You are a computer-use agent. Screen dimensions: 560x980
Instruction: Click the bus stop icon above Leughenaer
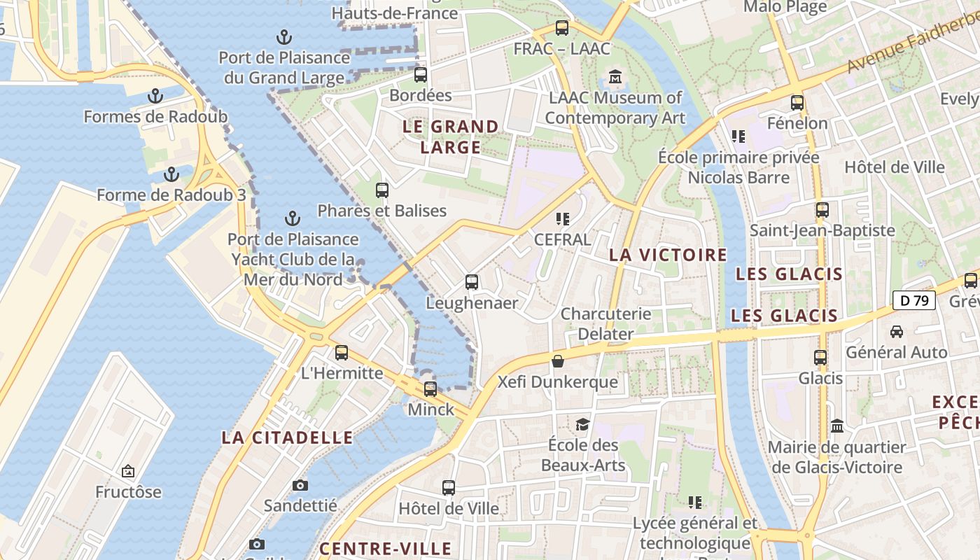coord(472,282)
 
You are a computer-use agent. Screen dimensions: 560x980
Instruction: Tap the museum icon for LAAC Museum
coord(615,77)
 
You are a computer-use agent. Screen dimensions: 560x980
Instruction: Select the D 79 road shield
coord(914,301)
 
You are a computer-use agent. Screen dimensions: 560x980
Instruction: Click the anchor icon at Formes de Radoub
coord(155,96)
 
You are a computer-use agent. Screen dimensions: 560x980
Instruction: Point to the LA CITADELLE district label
coord(287,437)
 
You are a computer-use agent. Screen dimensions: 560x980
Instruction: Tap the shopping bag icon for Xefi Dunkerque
coord(558,361)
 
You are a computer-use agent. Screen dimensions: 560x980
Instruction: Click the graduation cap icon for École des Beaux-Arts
coord(582,424)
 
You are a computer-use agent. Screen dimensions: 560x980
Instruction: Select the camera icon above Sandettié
coord(300,485)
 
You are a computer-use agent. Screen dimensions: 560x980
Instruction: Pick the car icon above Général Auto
coord(896,331)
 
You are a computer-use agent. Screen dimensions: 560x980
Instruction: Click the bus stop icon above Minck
coord(430,388)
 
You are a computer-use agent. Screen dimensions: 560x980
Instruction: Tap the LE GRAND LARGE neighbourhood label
coord(451,136)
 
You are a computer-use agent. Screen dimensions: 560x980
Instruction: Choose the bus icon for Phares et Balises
coord(382,190)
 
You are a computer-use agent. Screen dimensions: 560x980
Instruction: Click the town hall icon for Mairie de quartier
coord(836,426)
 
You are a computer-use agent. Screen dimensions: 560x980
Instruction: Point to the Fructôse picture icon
coord(128,471)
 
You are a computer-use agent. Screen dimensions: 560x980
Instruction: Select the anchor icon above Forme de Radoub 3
coord(171,174)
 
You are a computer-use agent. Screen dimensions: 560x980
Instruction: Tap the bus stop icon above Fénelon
coord(797,103)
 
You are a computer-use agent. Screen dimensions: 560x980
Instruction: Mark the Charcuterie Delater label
coord(605,323)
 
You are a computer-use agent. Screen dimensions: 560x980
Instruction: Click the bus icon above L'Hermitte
coord(342,352)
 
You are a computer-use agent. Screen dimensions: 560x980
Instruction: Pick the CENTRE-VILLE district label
coord(385,547)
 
